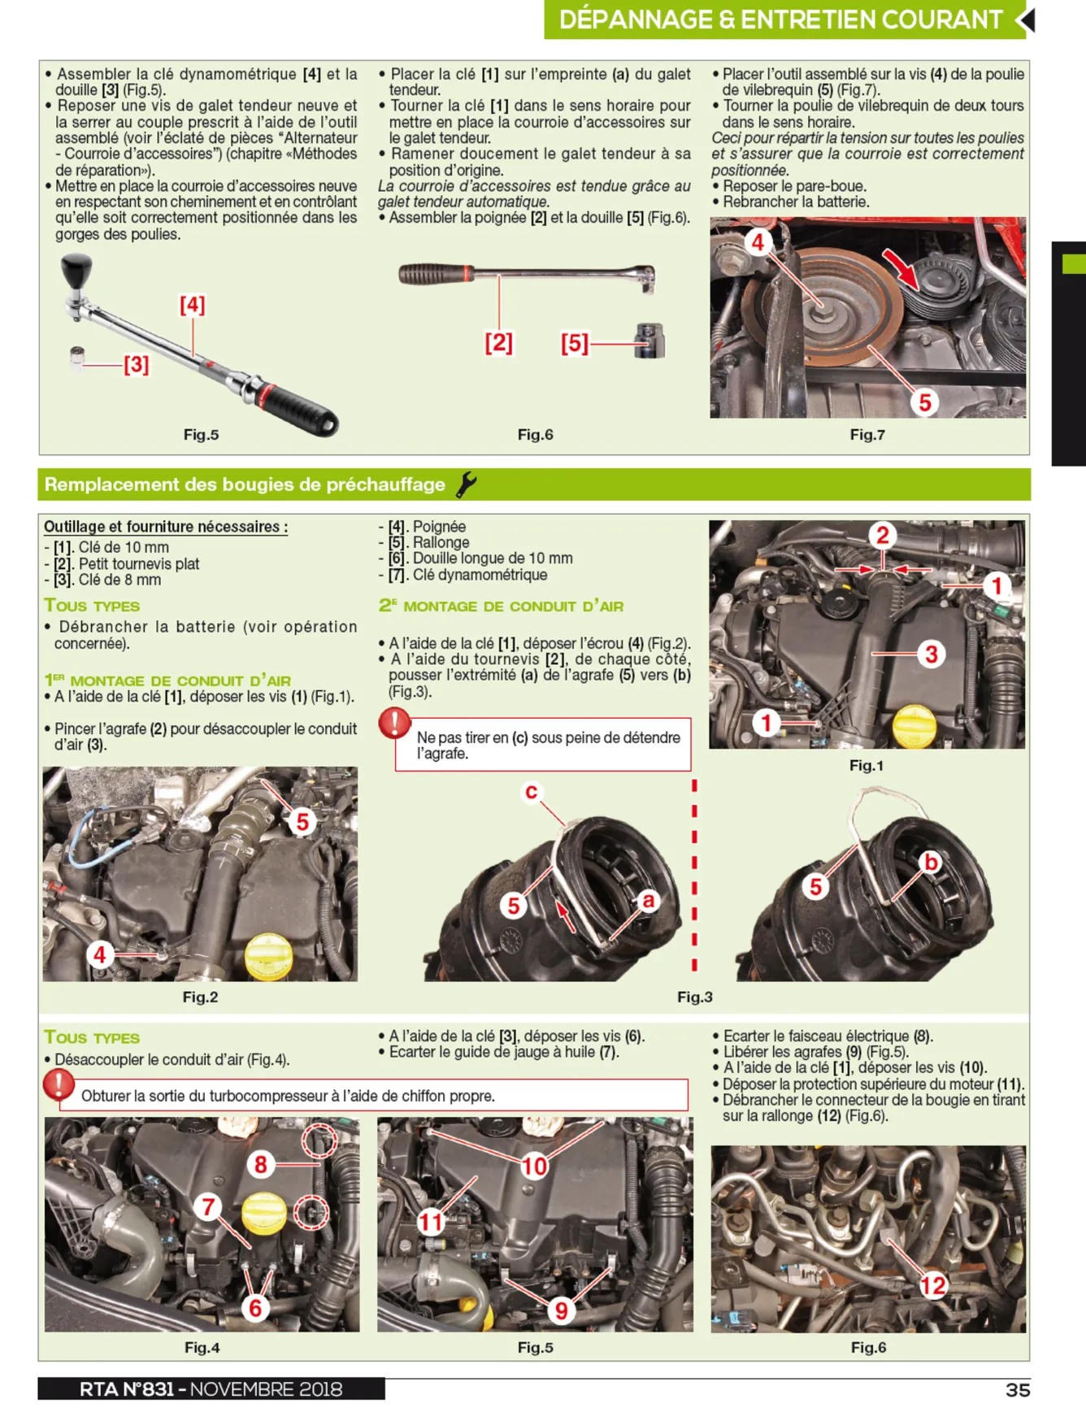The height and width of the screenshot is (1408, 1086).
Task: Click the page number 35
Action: [x=1017, y=1389]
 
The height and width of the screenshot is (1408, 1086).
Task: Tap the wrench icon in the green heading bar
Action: [x=466, y=485]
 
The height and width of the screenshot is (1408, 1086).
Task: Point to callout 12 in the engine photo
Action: [x=933, y=1285]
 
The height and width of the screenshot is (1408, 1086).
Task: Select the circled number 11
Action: [x=431, y=1221]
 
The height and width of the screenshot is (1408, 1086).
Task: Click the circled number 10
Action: [x=534, y=1167]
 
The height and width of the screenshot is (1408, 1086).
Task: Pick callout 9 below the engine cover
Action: [x=561, y=1310]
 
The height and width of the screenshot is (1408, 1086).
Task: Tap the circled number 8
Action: [x=261, y=1165]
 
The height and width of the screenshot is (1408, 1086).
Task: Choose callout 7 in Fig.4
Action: [x=209, y=1206]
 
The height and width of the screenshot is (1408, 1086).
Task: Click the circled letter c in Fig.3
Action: [x=531, y=791]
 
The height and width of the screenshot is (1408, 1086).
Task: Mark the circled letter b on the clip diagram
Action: [x=932, y=862]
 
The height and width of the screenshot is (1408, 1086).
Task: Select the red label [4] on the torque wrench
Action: [x=193, y=305]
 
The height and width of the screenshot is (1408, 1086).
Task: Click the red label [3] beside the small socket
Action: [x=137, y=364]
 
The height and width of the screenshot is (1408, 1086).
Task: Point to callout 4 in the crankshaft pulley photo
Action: [x=758, y=241]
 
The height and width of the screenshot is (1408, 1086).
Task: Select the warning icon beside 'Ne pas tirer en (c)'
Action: [x=394, y=723]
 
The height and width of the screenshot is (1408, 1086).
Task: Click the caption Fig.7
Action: [x=867, y=435]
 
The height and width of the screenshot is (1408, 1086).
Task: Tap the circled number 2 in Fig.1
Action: [x=883, y=535]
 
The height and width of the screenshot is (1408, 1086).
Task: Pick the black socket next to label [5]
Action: [x=649, y=341]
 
